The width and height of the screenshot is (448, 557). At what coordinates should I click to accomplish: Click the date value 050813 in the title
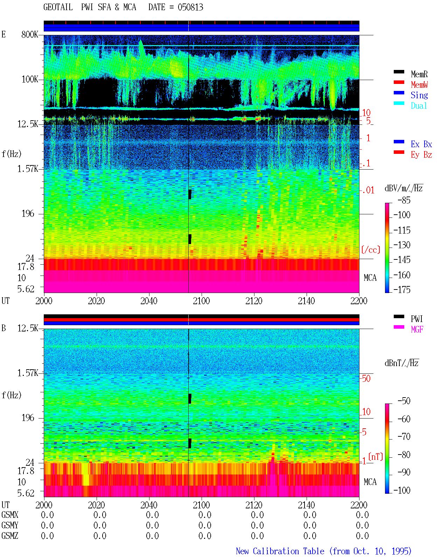point(190,7)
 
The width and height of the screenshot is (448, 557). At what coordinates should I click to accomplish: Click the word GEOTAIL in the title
point(58,7)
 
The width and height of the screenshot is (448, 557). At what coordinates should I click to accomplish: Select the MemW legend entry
point(419,85)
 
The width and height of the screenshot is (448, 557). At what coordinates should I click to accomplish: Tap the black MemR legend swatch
point(399,72)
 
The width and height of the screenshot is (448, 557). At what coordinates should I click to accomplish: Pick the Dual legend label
point(419,106)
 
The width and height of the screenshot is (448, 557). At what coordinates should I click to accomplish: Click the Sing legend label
point(419,95)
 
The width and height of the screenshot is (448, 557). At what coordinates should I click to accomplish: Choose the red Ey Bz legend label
point(421,155)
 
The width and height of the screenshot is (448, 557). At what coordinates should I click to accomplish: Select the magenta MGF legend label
point(417,329)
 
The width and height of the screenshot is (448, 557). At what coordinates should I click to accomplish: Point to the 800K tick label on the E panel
point(30,34)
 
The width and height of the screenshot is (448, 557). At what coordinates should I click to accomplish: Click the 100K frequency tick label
point(30,79)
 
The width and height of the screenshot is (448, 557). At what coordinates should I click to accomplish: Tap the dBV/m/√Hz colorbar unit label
point(404,188)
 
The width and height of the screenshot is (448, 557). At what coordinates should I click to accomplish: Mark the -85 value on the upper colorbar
point(404,200)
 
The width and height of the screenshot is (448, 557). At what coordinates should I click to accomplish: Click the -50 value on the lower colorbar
point(404,401)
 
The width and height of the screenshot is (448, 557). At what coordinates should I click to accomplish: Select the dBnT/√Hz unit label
point(401,363)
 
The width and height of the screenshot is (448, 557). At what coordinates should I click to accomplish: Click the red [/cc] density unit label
point(371,250)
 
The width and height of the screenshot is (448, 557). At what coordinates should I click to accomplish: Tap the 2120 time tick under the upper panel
point(254,301)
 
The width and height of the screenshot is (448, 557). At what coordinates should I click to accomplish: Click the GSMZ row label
point(10,536)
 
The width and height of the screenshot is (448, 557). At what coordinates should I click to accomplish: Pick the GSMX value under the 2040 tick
point(152,515)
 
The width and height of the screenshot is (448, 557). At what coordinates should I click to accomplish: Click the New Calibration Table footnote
point(324,551)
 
